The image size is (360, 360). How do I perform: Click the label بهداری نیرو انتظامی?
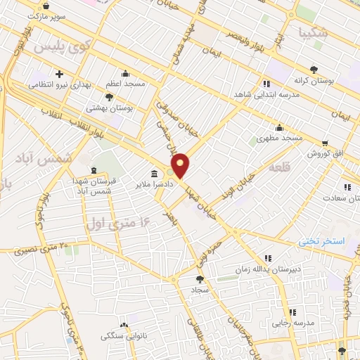(60, 84)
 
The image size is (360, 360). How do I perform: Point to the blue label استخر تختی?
(321, 241)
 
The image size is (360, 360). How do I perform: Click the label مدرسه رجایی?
(293, 323)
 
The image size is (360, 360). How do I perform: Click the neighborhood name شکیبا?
(313, 32)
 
